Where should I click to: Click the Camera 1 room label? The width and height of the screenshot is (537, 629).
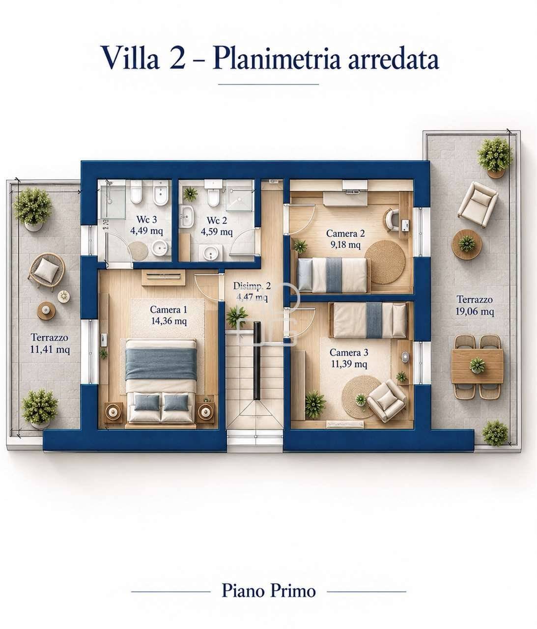point(168,310)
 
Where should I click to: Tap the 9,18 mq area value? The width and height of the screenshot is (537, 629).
point(345,244)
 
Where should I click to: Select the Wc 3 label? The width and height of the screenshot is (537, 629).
point(146,219)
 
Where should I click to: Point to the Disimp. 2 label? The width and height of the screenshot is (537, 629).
point(252,286)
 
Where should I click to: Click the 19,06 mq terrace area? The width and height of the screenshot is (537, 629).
point(474,311)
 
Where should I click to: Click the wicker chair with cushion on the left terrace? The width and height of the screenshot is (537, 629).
point(47,271)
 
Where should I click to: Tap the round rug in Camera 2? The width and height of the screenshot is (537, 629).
point(385,261)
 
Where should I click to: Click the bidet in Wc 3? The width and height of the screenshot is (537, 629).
point(161,192)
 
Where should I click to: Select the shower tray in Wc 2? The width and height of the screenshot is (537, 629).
point(240,195)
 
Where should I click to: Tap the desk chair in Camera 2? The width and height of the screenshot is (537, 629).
point(392,219)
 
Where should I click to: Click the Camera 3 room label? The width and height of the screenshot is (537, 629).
point(349,352)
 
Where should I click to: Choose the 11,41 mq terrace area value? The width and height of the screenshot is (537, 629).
point(50,349)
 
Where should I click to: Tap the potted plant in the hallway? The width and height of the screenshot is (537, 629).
point(236,316)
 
